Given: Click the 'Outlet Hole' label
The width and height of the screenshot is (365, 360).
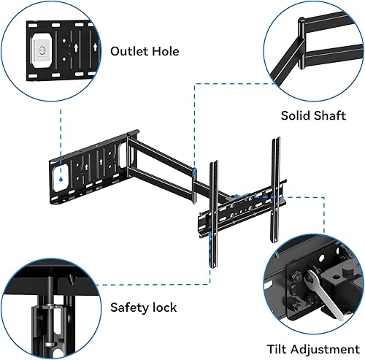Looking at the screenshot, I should coord(145,51).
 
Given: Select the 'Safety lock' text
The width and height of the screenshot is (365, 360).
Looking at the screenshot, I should coord(145,308).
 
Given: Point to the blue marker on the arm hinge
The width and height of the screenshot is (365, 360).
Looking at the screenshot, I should coord(195,172).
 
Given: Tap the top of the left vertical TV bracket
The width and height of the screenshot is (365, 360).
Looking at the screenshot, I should coord(215,164).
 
